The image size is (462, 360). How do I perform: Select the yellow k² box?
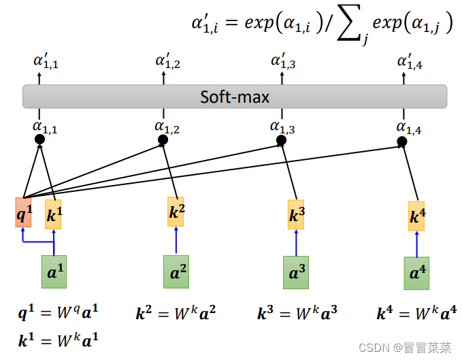pyautogui.click(x=176, y=212)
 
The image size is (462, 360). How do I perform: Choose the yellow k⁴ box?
pyautogui.click(x=416, y=216)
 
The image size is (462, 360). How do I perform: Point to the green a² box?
pyautogui.click(x=176, y=272)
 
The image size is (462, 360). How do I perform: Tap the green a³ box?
pyautogui.click(x=296, y=272)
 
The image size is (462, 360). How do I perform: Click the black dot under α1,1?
pyautogui.click(x=39, y=140)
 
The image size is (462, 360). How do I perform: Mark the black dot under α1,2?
pyautogui.click(x=163, y=140)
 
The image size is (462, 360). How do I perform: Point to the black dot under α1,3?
pyautogui.click(x=281, y=140)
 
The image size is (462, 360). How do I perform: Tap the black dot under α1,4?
pyautogui.click(x=402, y=142)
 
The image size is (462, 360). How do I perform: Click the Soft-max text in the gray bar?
pyautogui.click(x=235, y=97)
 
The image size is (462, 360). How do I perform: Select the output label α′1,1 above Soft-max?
pyautogui.click(x=46, y=63)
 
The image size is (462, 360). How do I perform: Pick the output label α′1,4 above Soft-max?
pyautogui.click(x=410, y=63)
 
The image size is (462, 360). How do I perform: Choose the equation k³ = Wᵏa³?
pyautogui.click(x=297, y=314)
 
